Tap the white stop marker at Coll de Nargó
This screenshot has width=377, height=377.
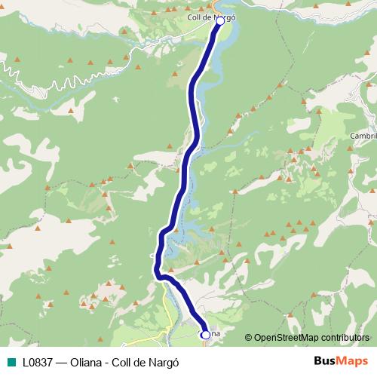point(219,22)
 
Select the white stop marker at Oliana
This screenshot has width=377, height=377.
point(205,334)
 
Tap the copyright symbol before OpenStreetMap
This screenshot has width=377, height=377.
point(248,337)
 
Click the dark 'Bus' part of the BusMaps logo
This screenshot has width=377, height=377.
point(326,360)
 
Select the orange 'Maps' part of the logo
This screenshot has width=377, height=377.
point(354,360)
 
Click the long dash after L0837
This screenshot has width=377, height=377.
point(63,361)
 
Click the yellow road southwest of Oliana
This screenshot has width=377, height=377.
point(167,302)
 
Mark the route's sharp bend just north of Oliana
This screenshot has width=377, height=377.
point(160,276)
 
